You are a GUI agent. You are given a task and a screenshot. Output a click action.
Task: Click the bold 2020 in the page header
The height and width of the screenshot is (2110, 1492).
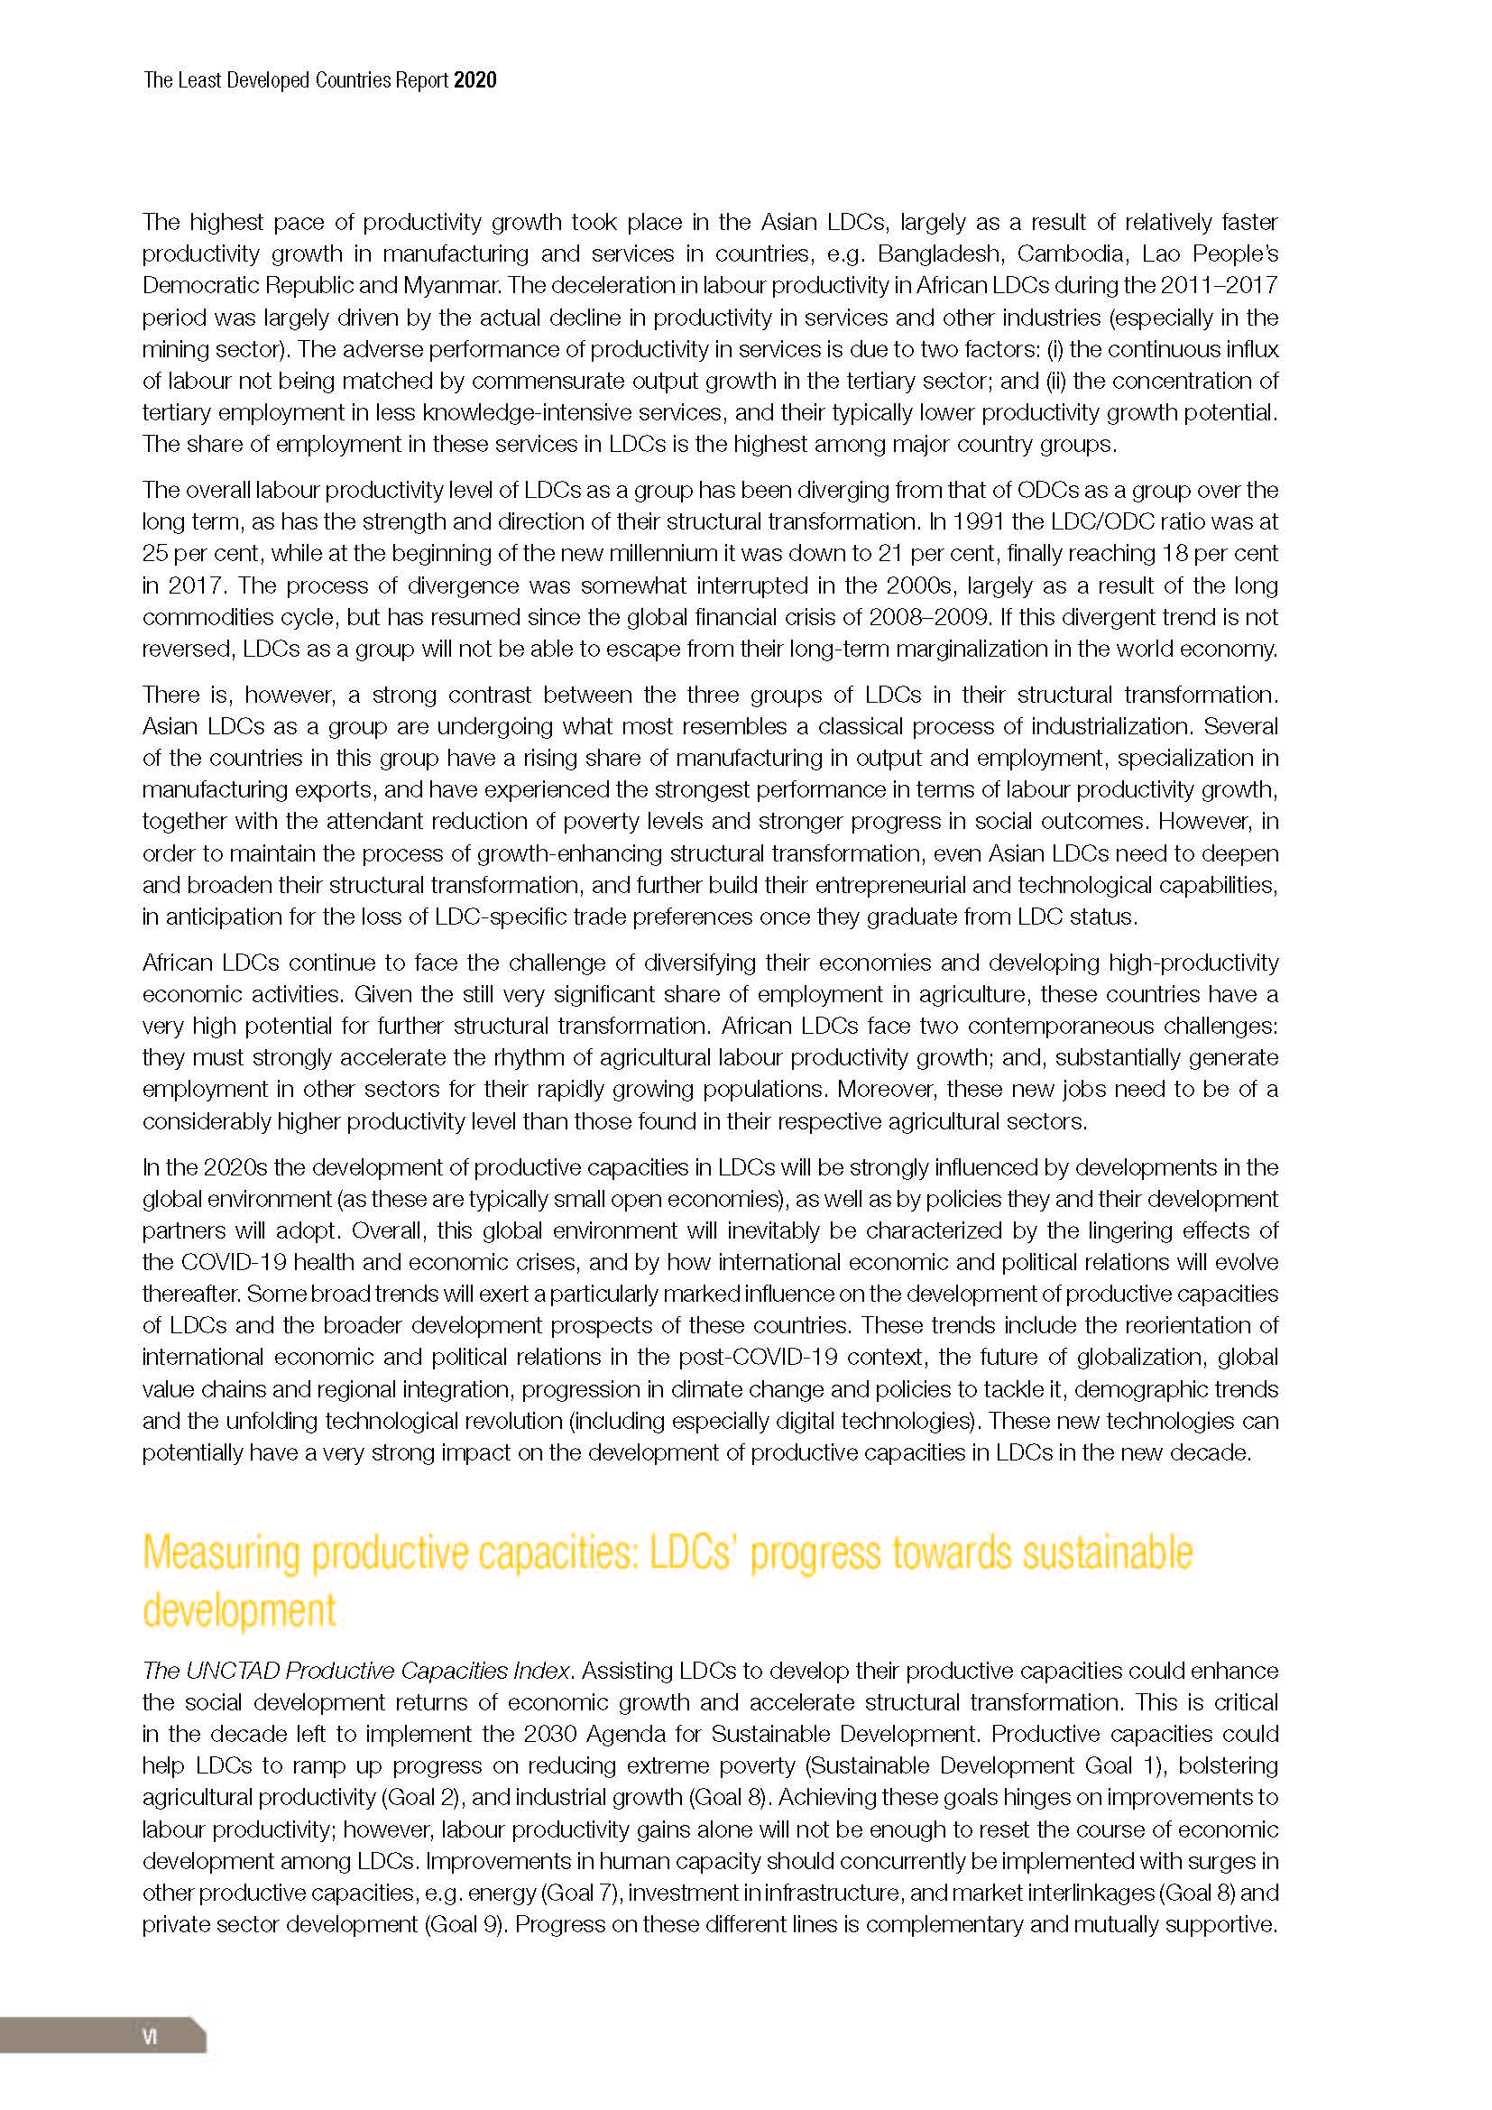pos(475,81)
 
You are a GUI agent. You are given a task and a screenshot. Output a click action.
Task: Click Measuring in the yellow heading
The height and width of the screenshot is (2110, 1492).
pos(221,1554)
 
